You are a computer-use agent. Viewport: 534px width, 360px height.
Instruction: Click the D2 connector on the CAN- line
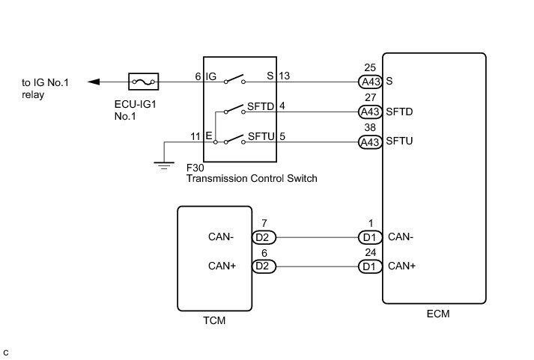[265, 238]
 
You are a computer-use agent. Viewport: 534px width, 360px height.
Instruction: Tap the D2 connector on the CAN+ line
[265, 266]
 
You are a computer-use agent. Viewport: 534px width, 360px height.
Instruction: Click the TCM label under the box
[214, 321]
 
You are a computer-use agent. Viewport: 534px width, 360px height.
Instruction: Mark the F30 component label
[193, 168]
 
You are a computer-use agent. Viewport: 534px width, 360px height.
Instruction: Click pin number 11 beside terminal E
[195, 137]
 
